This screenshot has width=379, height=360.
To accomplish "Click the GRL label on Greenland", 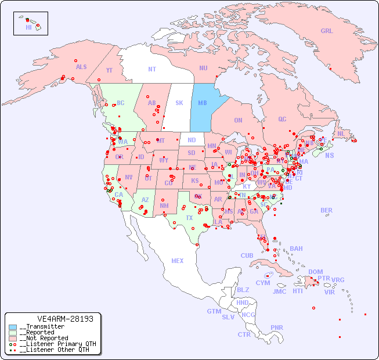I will pos(327,31).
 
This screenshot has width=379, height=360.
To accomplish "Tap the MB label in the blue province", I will pos(203,103).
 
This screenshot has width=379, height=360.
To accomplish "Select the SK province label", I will pos(179,103).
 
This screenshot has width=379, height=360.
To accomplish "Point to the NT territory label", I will pos(152,69).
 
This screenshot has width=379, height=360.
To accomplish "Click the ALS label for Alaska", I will pos(81,67).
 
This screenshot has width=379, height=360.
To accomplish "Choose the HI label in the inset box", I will pos(28,27).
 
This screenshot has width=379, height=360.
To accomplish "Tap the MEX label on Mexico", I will pos(178,261).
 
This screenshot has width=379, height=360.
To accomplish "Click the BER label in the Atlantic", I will pos(327,210).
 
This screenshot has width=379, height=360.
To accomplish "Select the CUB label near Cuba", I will pos(247,255).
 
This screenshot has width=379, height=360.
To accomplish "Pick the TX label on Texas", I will pos(189,218).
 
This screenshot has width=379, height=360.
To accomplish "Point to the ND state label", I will pos(192,140).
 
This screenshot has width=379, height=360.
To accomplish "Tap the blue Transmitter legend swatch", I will pos(13,327).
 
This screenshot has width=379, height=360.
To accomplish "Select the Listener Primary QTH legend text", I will pos(57,344).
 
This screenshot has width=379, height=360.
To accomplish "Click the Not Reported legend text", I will pos(44,338).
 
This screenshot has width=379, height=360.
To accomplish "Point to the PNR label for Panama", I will pos(277,327).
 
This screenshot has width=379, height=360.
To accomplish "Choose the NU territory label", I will pos(203,68).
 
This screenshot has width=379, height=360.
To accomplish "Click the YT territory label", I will pos(109,70).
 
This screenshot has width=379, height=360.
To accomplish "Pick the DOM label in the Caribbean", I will pos(315,272).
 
